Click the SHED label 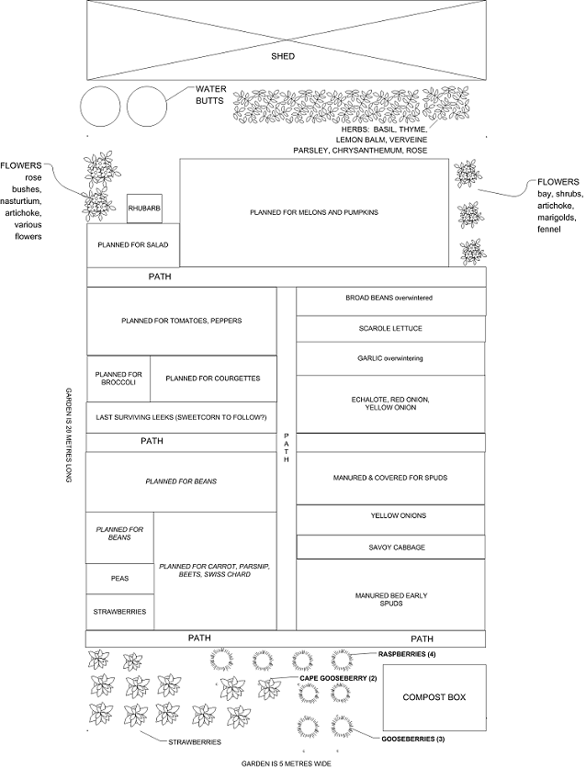click(x=283, y=56)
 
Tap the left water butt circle click(x=81, y=107)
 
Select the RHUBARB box click(x=144, y=209)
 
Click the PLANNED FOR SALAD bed click(x=133, y=245)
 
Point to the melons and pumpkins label click(x=314, y=212)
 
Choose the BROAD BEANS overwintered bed click(x=390, y=301)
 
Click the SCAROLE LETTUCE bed click(x=390, y=329)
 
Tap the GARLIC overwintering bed click(x=390, y=359)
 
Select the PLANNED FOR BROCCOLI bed click(x=118, y=378)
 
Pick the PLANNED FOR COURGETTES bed click(x=213, y=378)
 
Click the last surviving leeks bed click(x=181, y=418)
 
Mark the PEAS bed click(x=119, y=579)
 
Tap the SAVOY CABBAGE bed click(x=390, y=548)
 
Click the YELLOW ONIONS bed click(x=390, y=520)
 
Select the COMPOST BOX click(x=434, y=697)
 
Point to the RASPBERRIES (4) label click(x=407, y=654)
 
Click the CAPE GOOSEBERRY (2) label click(x=338, y=678)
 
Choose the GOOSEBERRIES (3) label click(x=412, y=739)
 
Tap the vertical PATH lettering click(x=287, y=447)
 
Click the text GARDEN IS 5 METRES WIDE click(x=287, y=763)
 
